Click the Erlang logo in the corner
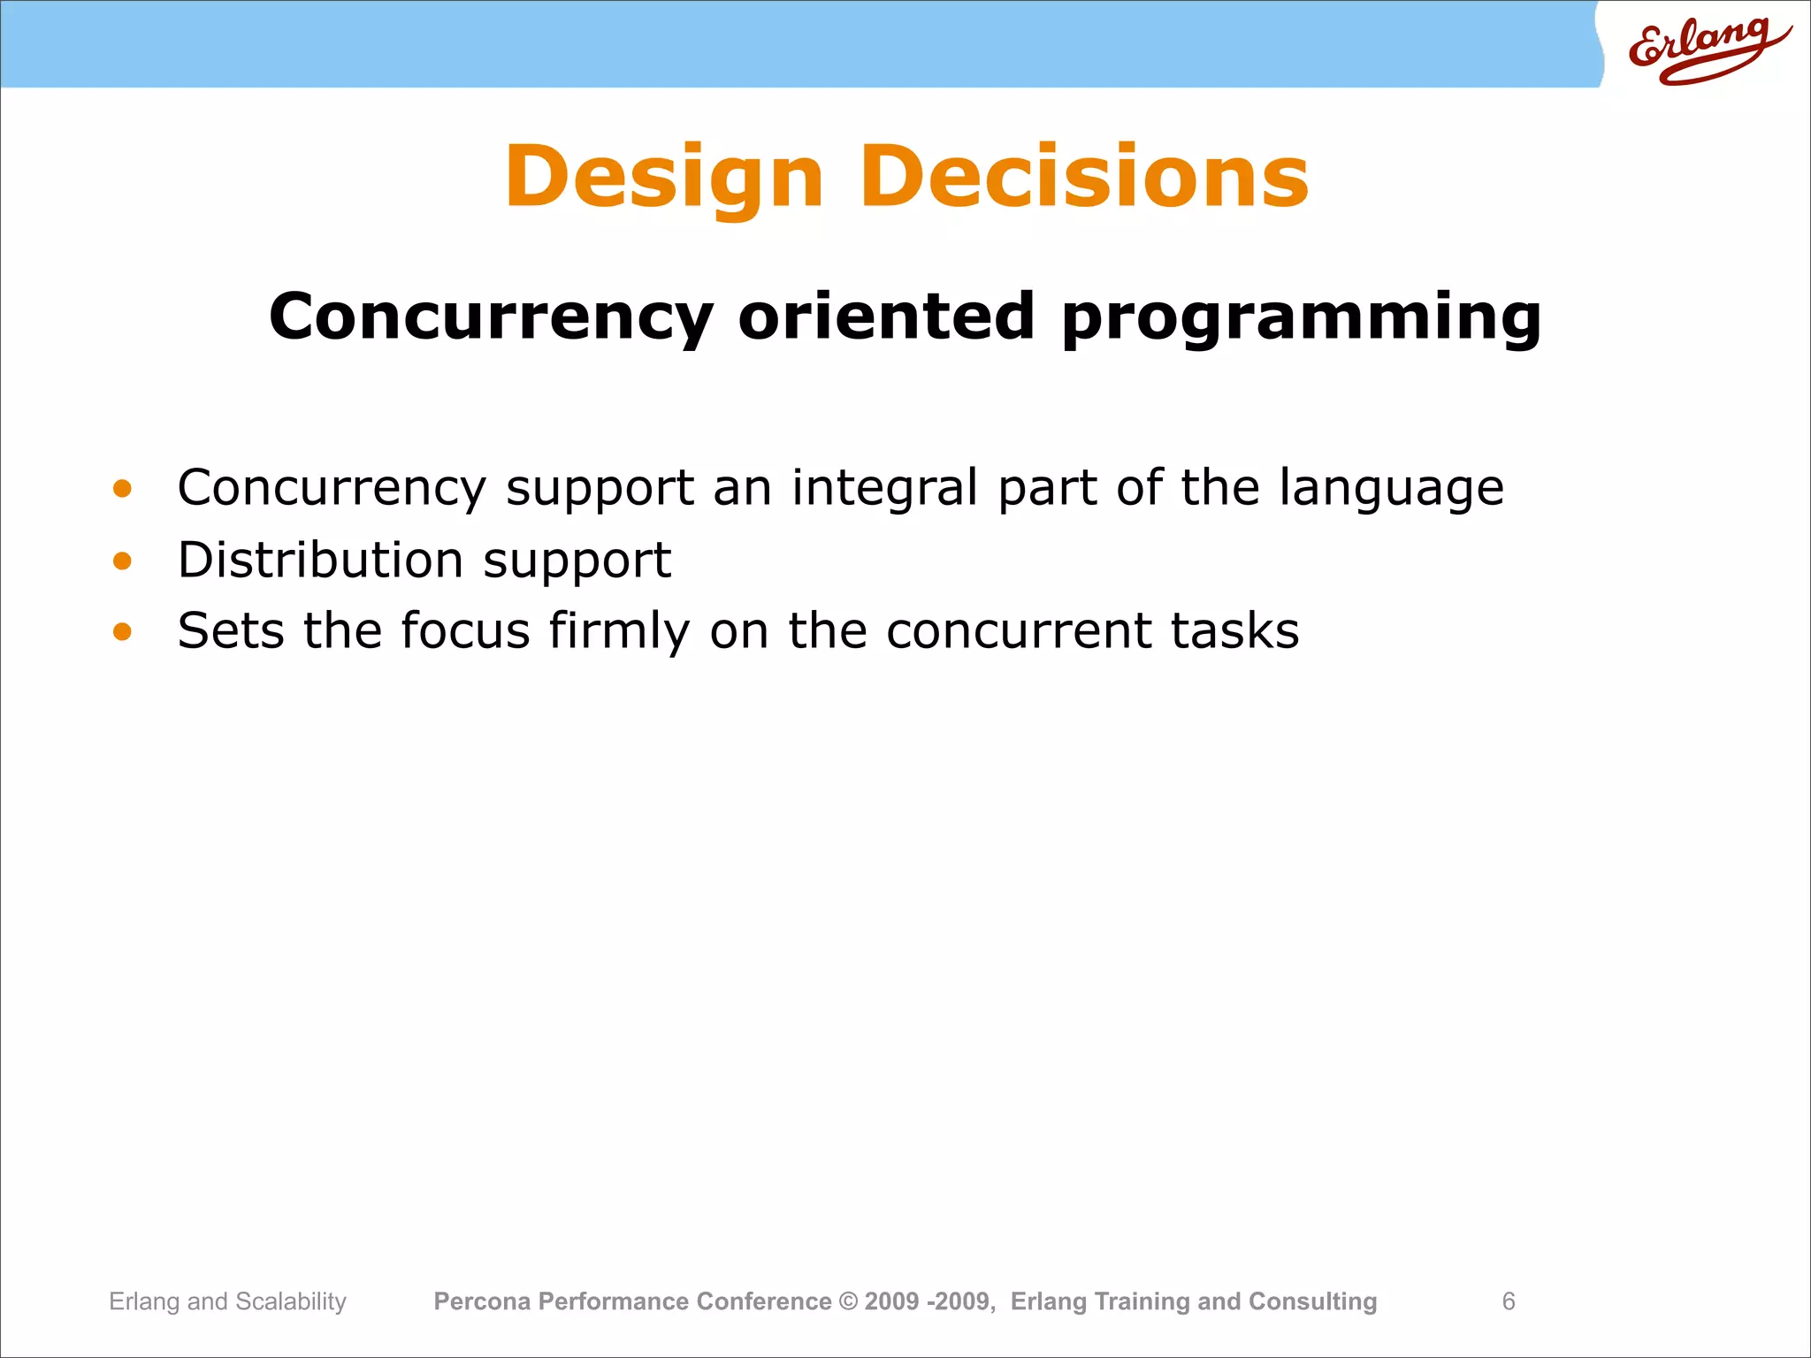click(1707, 49)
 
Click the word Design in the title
click(663, 178)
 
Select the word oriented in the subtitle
click(886, 317)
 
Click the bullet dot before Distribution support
click(122, 561)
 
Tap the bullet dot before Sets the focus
click(122, 631)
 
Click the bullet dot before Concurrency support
click(122, 488)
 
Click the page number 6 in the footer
click(1509, 1301)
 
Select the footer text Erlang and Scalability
click(227, 1301)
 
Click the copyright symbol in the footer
click(848, 1301)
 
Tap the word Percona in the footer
click(482, 1301)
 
